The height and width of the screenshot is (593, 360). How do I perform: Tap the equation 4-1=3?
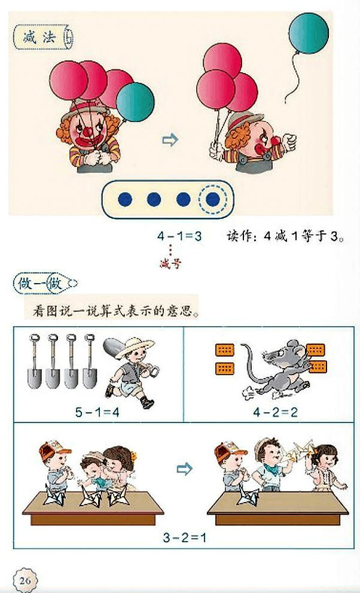[179, 236]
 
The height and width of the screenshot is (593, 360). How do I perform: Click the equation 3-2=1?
[184, 537]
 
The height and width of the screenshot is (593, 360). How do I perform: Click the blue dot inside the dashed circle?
[213, 199]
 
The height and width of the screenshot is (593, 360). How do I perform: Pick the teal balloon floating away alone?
[309, 34]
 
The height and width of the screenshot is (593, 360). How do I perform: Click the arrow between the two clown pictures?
[171, 141]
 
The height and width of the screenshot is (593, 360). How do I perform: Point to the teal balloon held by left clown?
[135, 102]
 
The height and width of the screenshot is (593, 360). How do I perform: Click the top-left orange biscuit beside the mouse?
[224, 350]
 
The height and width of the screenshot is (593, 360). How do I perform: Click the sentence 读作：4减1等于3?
[285, 236]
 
